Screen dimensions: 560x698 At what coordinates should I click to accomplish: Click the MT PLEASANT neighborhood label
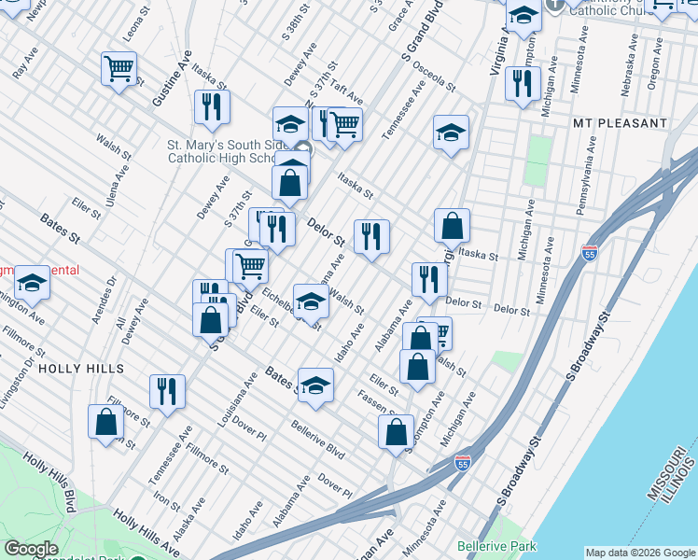pyautogui.click(x=621, y=123)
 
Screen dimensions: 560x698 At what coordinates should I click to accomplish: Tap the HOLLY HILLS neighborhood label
pyautogui.click(x=82, y=369)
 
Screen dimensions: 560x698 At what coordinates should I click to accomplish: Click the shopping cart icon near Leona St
pyautogui.click(x=119, y=70)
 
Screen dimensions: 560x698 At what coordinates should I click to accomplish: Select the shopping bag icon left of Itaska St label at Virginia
pyautogui.click(x=452, y=226)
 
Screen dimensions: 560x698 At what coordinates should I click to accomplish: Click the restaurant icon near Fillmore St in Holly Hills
pyautogui.click(x=168, y=392)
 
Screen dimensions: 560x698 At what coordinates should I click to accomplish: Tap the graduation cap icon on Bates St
pyautogui.click(x=316, y=385)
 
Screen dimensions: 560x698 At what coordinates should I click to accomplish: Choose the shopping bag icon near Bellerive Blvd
pyautogui.click(x=396, y=433)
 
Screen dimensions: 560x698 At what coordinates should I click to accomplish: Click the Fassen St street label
pyautogui.click(x=376, y=401)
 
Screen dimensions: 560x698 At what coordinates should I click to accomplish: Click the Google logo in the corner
pyautogui.click(x=31, y=549)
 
